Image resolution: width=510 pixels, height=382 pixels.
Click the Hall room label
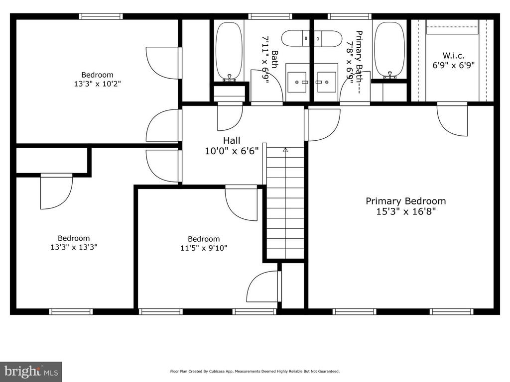point(232,141)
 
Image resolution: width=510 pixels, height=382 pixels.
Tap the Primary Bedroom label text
point(405,201)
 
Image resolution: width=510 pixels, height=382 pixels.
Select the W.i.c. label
point(453,56)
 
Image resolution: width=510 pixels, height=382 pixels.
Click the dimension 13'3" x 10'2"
point(98,84)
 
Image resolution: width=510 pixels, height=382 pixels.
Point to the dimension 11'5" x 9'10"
point(204,248)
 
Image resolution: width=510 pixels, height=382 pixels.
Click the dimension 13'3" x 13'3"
point(74,247)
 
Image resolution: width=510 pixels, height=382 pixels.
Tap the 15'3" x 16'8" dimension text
point(406,211)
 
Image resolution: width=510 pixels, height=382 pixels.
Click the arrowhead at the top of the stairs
point(285,150)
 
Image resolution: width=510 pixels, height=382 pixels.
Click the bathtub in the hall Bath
point(229,51)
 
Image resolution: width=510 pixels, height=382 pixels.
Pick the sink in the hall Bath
point(297,82)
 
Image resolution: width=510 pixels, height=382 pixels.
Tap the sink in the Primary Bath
point(327,82)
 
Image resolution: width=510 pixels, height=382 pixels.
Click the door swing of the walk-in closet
point(452,119)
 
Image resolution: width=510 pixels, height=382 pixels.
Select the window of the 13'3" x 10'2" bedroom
point(101,16)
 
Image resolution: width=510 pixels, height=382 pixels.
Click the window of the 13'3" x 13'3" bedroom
point(71,312)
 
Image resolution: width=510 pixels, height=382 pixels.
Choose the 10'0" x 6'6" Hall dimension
point(232,151)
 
